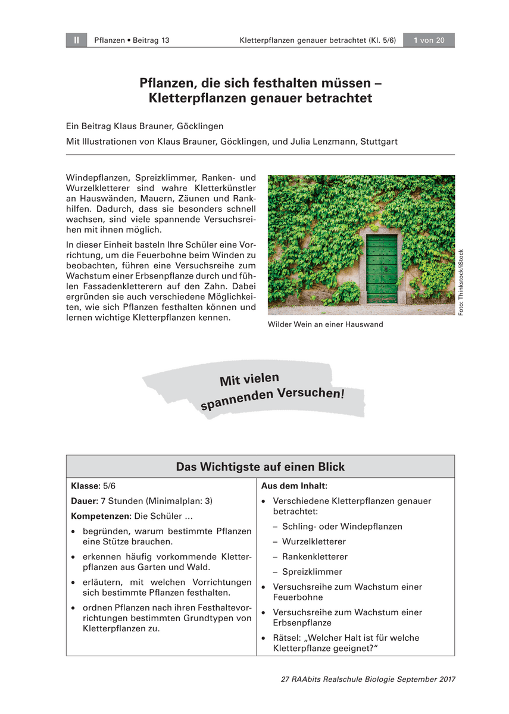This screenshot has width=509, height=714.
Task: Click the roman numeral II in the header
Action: [77, 40]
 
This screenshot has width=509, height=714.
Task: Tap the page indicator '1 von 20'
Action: [429, 40]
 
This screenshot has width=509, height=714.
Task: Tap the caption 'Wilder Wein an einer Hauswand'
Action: [325, 325]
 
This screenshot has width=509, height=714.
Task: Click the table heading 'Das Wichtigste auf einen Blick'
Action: [260, 467]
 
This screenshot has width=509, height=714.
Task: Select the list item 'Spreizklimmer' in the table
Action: [312, 572]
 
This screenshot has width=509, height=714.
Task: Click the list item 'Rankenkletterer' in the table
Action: [315, 557]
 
